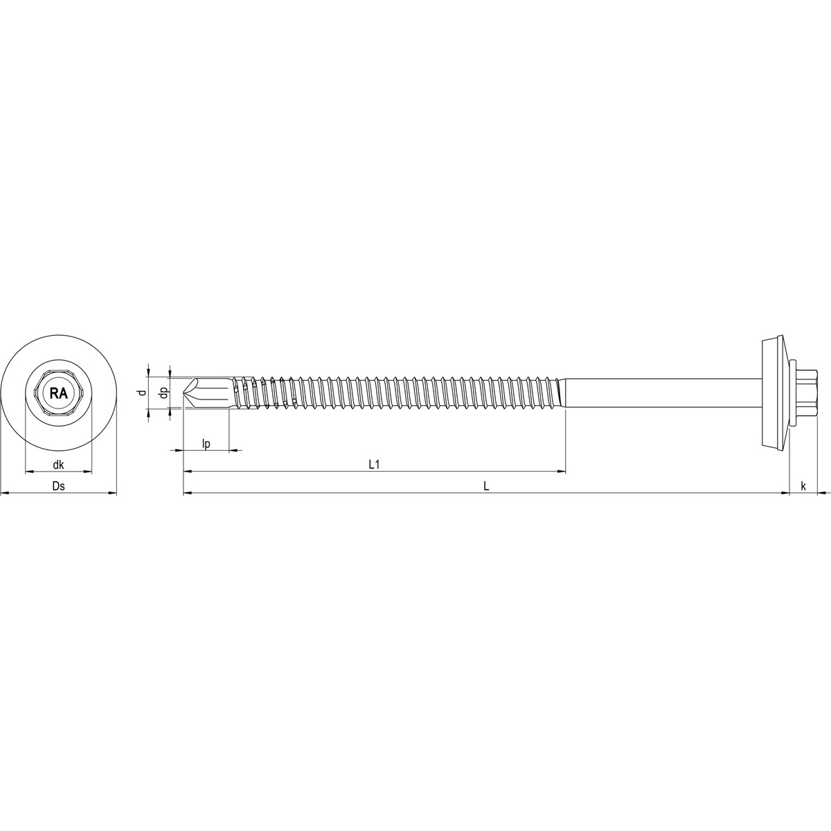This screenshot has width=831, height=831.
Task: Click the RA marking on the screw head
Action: [59, 393]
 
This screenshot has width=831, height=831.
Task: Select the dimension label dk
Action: [59, 465]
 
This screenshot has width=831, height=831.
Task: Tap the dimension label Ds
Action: [59, 486]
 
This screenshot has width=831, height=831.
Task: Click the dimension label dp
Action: [163, 393]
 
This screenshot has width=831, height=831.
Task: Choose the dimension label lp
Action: [206, 444]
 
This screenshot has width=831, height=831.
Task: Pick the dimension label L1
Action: [374, 465]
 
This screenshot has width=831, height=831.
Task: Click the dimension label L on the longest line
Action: [486, 486]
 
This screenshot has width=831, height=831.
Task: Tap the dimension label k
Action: [803, 486]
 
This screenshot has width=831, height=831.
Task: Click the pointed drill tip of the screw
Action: [186, 393]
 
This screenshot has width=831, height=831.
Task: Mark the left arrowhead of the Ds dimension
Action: [4, 493]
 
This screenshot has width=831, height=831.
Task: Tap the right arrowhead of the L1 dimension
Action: [562, 472]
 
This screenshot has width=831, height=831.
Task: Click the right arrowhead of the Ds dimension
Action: [113, 493]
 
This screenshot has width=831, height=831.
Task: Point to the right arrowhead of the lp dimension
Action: [233, 451]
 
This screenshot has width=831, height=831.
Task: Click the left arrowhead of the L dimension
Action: [187, 493]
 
